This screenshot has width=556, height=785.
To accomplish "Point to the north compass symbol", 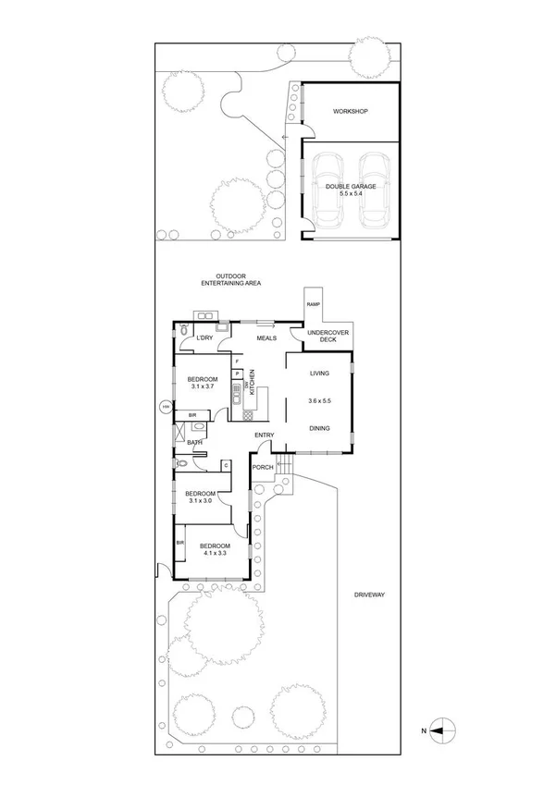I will tap(444, 730).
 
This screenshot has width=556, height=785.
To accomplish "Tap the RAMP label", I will tap(312, 304).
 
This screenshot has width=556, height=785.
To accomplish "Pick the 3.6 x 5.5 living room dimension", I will tap(319, 401).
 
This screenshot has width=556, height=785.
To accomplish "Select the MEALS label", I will tap(267, 338).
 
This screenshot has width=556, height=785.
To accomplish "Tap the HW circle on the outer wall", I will tap(166, 406).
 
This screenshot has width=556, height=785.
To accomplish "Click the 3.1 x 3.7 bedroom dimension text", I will tap(202, 386).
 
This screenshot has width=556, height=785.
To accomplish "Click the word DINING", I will tap(319, 428).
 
